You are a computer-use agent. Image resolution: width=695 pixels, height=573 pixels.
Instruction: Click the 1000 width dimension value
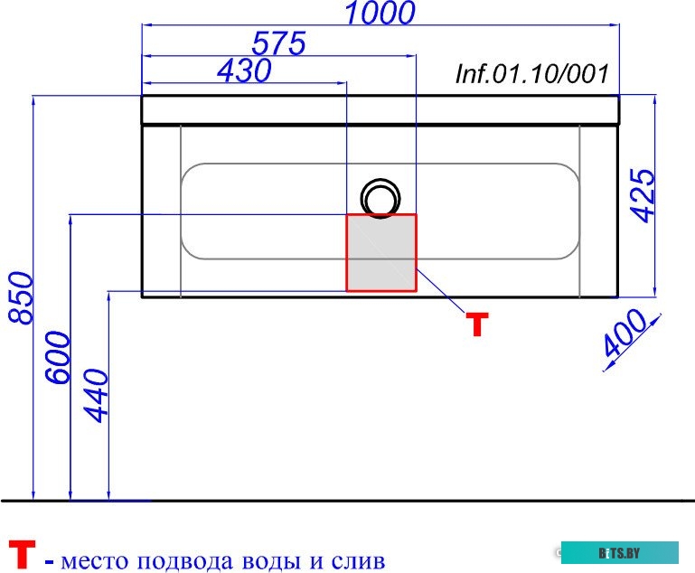pyautogui.click(x=380, y=13)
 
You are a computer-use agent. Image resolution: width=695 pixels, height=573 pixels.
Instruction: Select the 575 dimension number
pyautogui.click(x=278, y=43)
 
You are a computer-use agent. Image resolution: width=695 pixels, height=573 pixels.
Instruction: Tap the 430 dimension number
pyautogui.click(x=244, y=70)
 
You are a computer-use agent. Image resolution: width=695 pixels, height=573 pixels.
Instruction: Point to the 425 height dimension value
pyautogui.click(x=643, y=195)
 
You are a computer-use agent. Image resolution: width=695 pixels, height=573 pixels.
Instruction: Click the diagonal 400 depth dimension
pyautogui.click(x=625, y=333)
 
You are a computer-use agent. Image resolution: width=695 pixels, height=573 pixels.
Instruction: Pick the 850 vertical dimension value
pyautogui.click(x=22, y=298)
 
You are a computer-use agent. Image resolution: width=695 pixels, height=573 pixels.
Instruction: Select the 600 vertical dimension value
pyautogui.click(x=58, y=358)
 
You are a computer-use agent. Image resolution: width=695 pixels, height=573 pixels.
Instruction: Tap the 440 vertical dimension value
pyautogui.click(x=96, y=396)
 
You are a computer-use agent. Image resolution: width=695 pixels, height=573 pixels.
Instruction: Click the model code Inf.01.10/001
pyautogui.click(x=532, y=73)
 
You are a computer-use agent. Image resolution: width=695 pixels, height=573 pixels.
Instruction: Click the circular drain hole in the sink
pyautogui.click(x=380, y=181)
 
